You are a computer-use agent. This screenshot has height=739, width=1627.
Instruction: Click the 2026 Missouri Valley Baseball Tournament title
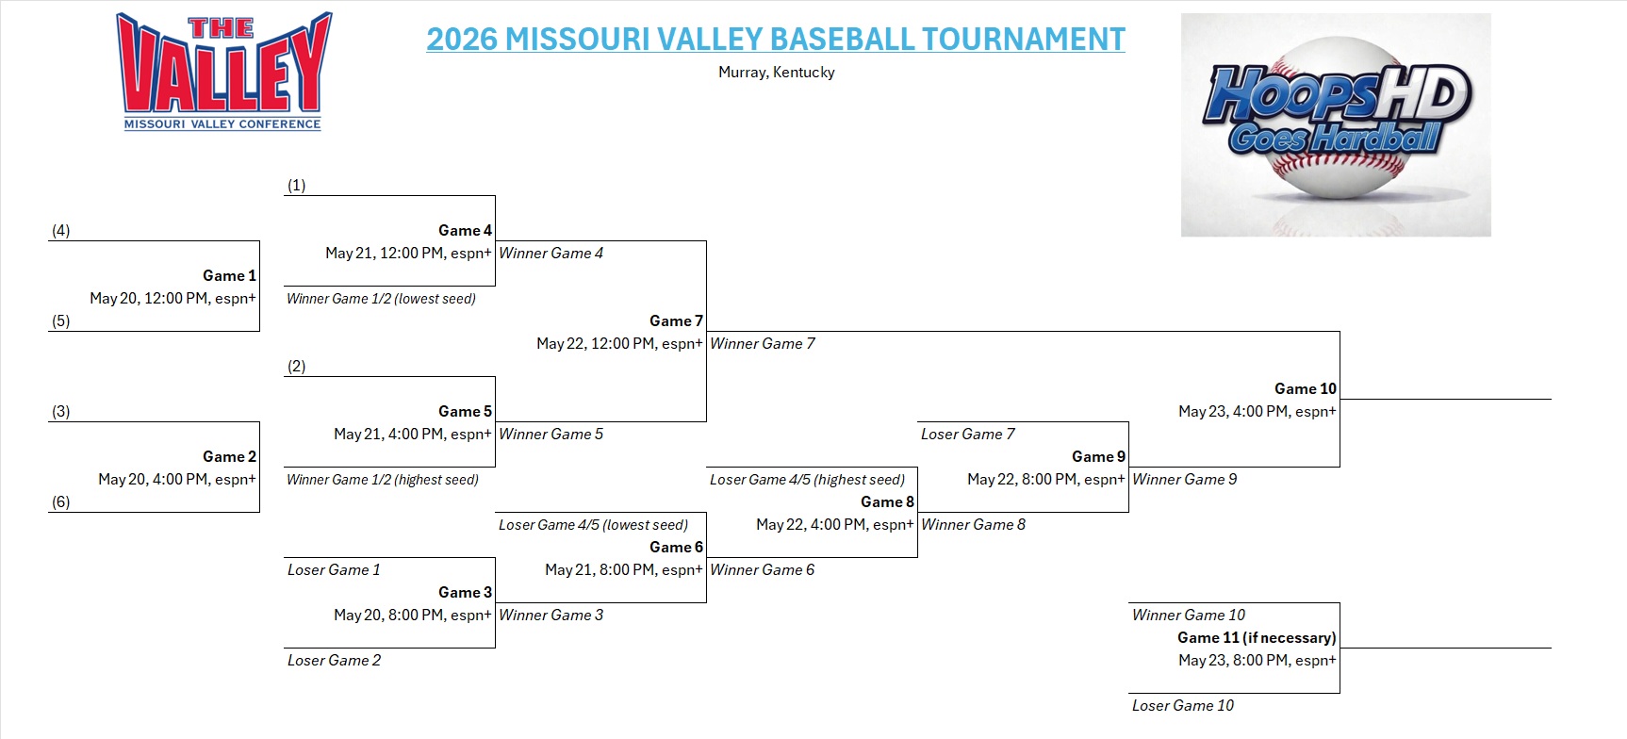[775, 40]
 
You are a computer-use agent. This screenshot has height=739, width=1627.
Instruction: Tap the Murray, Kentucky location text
[776, 73]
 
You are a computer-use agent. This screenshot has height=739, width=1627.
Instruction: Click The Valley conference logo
[223, 72]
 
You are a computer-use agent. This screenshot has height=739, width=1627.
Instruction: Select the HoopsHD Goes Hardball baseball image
[1335, 124]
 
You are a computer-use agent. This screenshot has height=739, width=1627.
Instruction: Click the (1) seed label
[296, 186]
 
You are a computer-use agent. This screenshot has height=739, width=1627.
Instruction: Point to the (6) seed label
[60, 502]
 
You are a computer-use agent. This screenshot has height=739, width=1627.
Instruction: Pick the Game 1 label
[229, 276]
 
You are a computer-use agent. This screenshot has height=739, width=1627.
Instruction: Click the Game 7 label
[676, 321]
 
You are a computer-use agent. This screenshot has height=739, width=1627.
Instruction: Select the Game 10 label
[1305, 389]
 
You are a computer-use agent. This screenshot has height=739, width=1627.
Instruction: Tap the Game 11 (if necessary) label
[1256, 638]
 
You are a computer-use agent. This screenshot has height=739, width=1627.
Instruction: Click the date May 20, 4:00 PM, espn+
[176, 480]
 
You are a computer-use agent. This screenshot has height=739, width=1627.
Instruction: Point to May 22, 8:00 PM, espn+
[1045, 480]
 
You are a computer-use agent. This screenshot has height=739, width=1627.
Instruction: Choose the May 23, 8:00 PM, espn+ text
[1257, 661]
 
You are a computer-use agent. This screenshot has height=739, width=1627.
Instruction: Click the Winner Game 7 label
[762, 344]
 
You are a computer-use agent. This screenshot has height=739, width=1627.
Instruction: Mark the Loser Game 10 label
[1182, 706]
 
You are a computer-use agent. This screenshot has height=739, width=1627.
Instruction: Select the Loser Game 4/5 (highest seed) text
[807, 480]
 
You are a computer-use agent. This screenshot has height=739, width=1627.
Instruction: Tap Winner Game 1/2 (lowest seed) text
[381, 299]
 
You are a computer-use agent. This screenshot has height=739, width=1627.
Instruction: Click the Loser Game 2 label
[334, 661]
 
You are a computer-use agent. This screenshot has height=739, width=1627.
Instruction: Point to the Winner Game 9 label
[1184, 480]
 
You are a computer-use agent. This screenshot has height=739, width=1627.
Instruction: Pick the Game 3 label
[465, 593]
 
